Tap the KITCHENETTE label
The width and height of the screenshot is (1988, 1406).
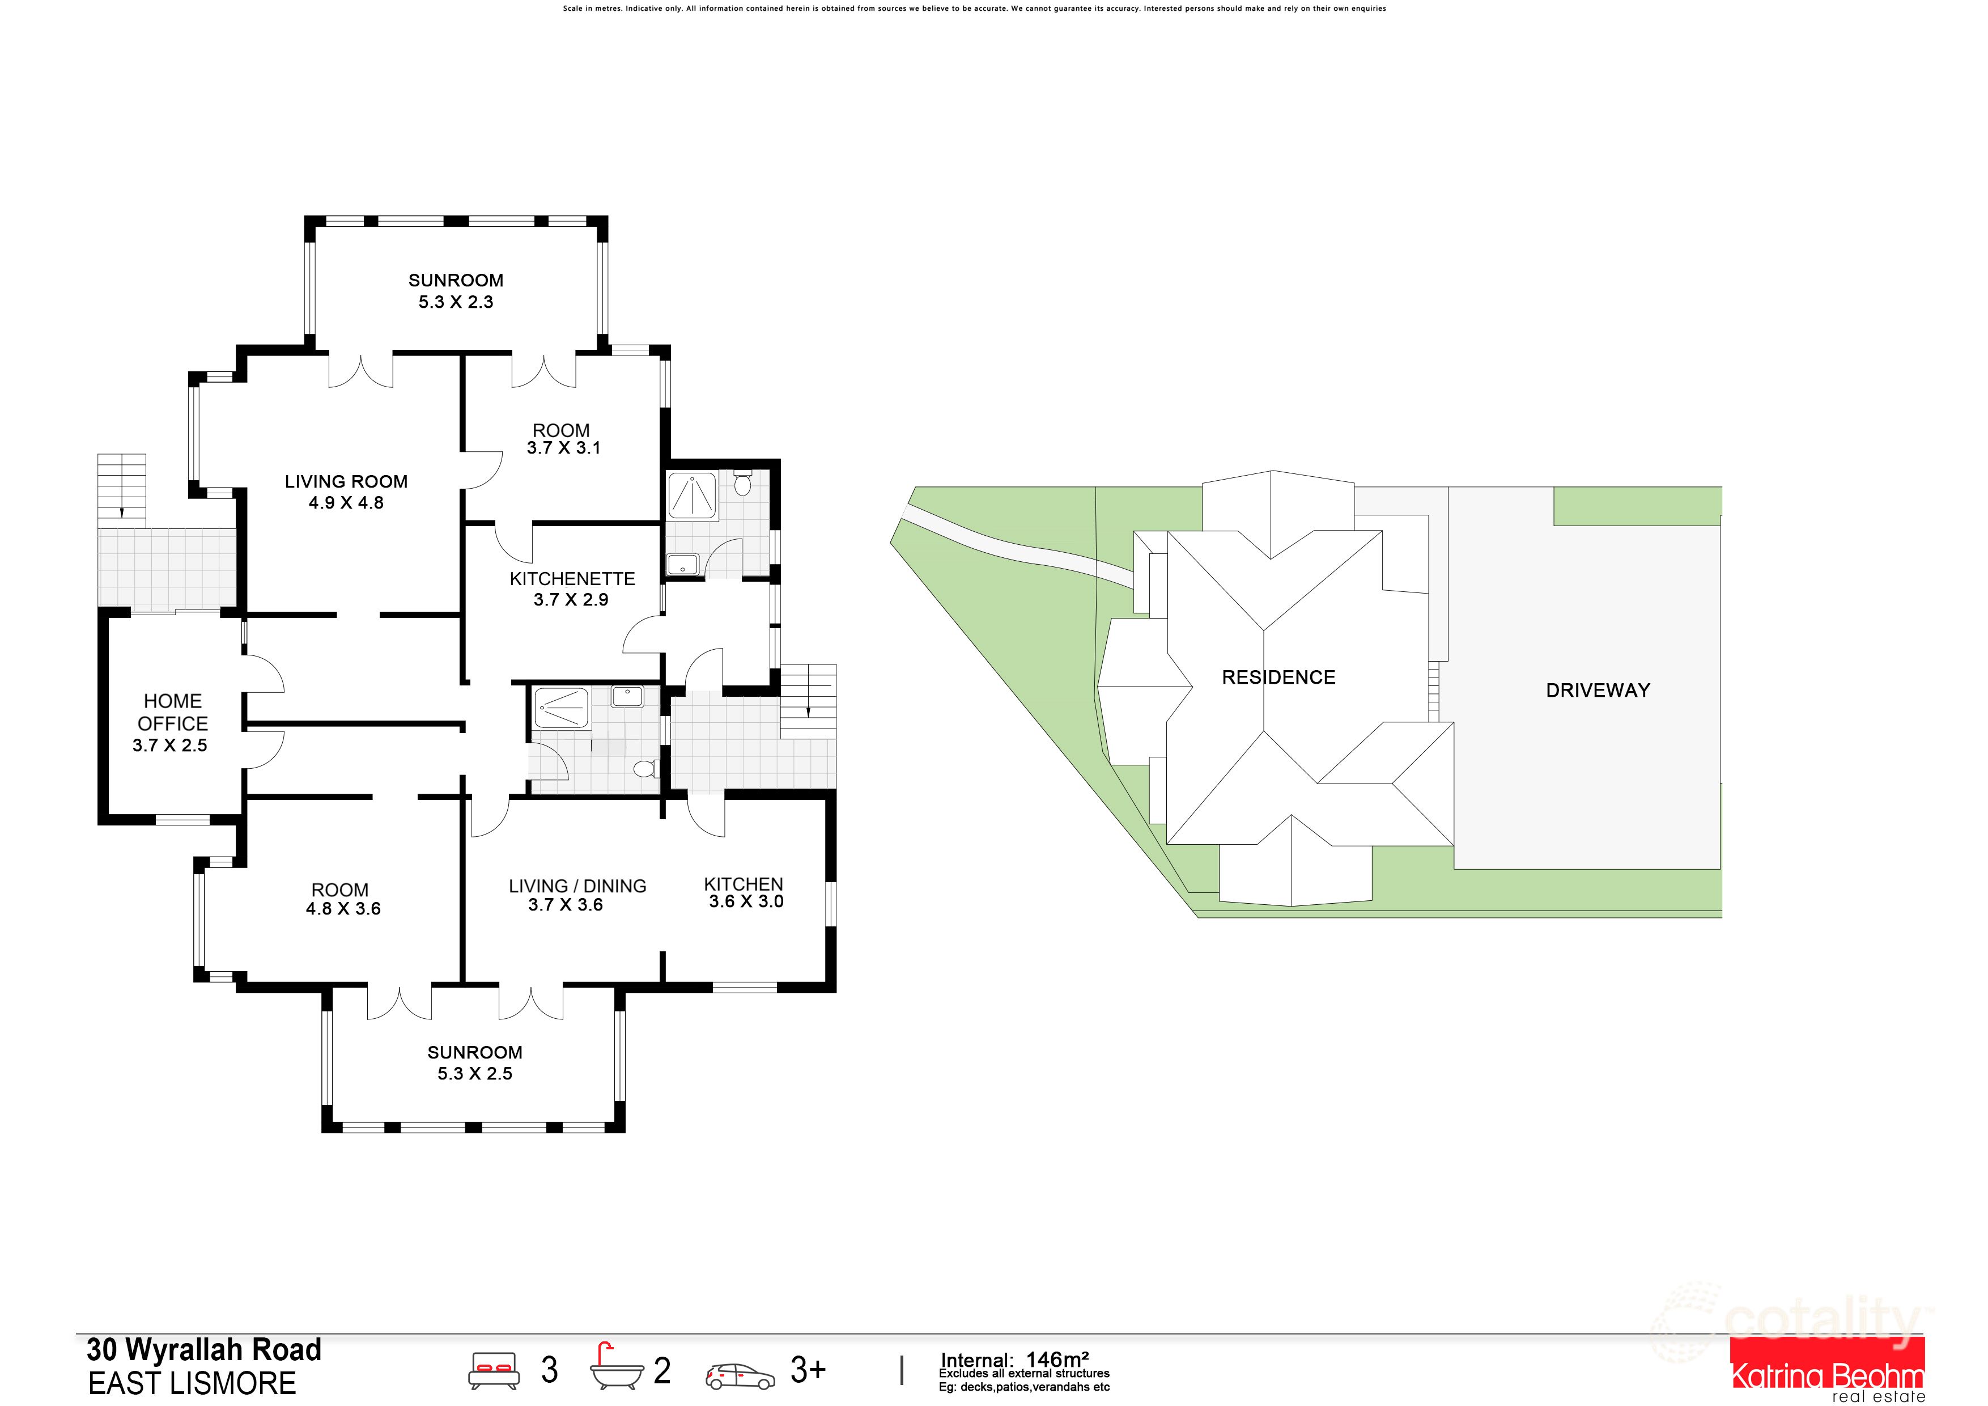pos(572,579)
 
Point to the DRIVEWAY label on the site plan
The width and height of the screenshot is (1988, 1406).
pos(1598,691)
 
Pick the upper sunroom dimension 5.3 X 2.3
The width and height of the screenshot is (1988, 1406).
pos(456,302)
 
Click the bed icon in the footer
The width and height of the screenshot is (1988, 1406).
pos(494,1370)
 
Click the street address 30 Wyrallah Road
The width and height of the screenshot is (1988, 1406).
pos(205,1350)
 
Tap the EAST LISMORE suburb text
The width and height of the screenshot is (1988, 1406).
pos(192,1383)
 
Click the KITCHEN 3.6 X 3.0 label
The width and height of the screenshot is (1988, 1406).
pos(745,893)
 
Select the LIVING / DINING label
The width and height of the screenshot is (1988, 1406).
pos(577,886)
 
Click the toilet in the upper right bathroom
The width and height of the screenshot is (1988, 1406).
pos(742,482)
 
